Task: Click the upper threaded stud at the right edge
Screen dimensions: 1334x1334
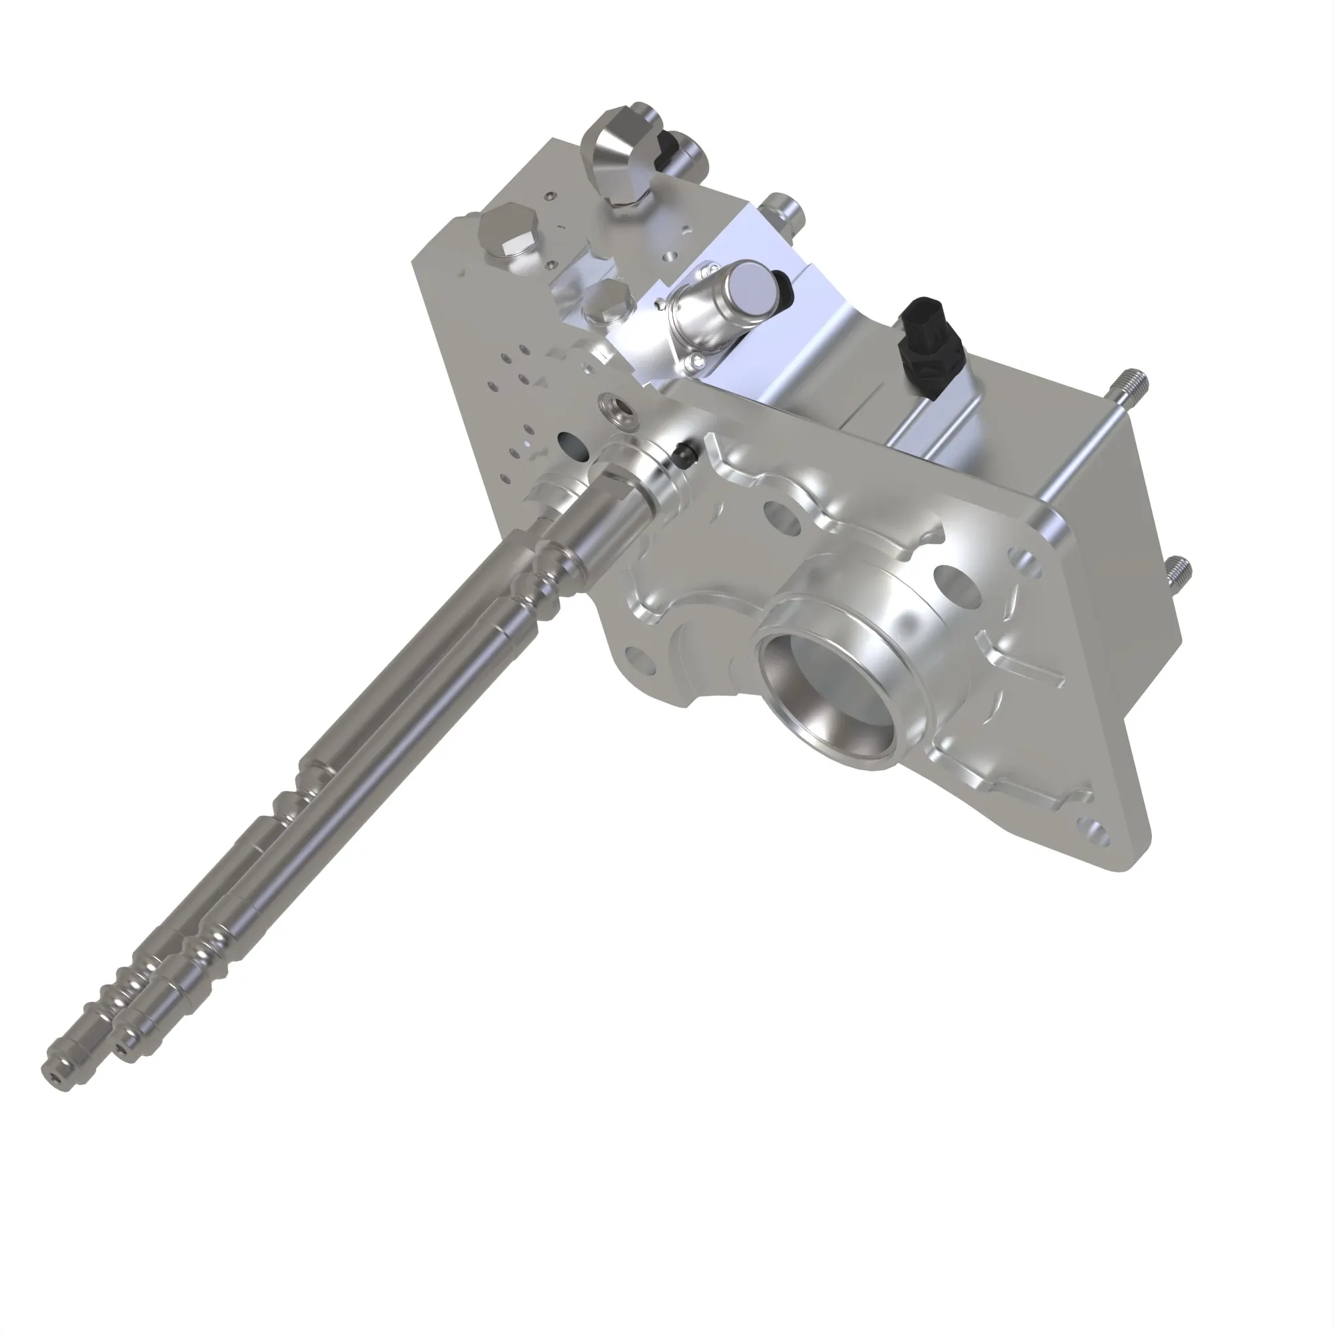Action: (1137, 380)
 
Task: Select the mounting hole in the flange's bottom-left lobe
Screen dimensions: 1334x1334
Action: (640, 659)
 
